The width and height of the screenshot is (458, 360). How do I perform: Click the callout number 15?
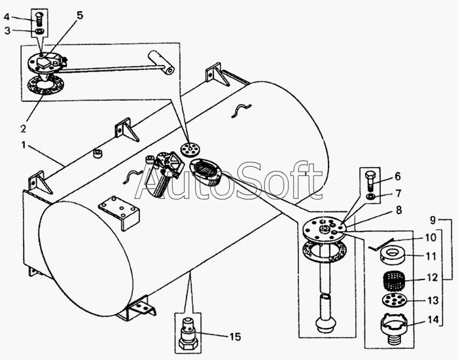pos(235,337)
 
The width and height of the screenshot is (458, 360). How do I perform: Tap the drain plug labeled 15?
pos(188,334)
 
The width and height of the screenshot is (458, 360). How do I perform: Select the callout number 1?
pos(24,145)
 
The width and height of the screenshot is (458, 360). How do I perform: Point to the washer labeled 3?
pos(39,31)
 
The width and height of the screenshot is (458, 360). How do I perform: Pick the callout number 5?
pos(80,15)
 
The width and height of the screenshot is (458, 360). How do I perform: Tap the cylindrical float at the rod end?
pos(161,62)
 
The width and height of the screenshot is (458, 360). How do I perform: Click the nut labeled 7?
pos(370,196)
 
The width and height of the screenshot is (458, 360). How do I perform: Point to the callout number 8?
pos(398,210)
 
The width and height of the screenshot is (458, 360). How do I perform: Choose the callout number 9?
pos(433,219)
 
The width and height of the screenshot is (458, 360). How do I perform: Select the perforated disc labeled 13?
pos(393,300)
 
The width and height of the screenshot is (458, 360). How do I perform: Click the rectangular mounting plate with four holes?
pos(119,213)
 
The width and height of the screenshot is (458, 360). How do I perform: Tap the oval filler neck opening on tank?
pos(205,171)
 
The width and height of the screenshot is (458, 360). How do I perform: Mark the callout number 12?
pos(432,278)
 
